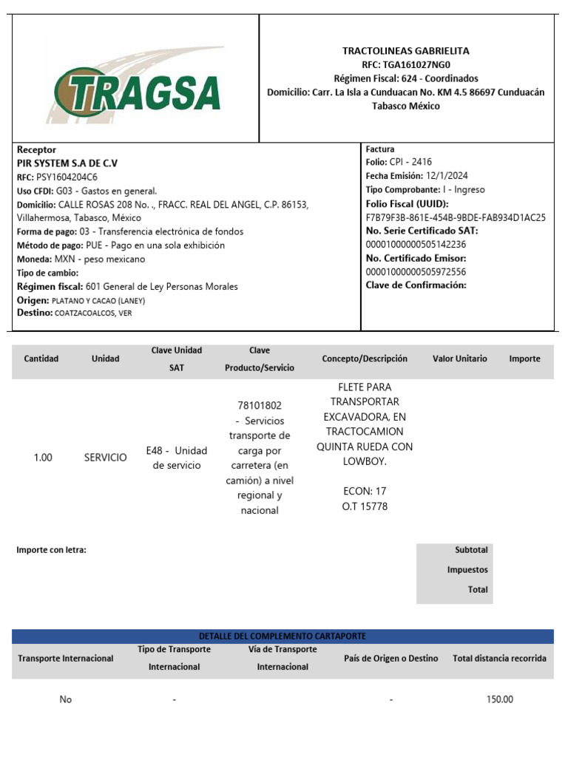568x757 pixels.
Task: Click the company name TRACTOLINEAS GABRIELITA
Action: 405,51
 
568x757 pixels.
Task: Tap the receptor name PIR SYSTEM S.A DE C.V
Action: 67,163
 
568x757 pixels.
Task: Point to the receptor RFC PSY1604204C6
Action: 67,177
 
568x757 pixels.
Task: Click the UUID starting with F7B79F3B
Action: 456,217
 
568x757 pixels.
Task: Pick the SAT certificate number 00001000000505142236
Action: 416,245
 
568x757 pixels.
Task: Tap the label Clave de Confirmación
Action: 416,285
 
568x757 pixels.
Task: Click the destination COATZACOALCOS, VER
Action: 93,313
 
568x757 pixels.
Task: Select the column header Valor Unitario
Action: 459,359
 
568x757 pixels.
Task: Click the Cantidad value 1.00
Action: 43,458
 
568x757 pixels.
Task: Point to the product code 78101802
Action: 260,405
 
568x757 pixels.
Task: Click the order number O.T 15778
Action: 365,506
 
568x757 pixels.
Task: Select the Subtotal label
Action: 471,550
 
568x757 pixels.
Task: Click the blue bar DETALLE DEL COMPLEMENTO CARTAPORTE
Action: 283,636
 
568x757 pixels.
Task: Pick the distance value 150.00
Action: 499,699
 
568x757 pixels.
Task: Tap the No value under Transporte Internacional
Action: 66,699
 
